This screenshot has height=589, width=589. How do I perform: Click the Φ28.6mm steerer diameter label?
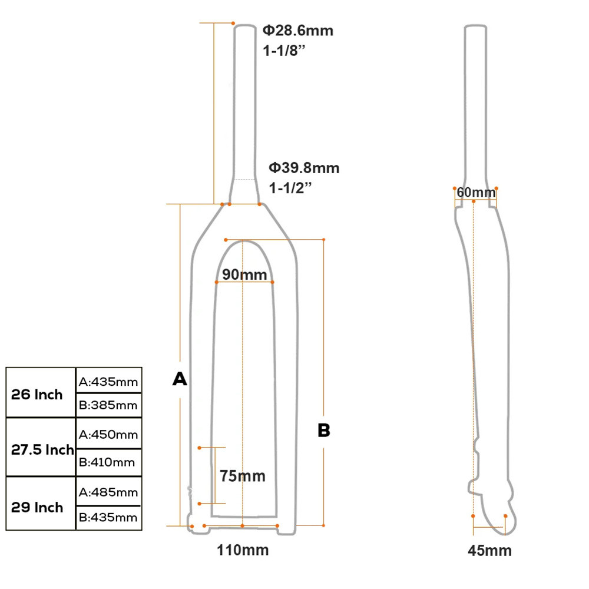(x=298, y=31)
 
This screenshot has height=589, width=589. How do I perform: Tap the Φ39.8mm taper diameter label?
(x=305, y=168)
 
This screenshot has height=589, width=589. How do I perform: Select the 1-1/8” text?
(x=284, y=50)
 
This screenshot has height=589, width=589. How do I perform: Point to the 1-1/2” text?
(x=290, y=188)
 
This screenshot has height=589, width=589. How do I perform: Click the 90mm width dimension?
(x=244, y=274)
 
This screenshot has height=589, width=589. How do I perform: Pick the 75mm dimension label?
(x=242, y=475)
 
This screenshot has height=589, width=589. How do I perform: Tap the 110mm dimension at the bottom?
(x=243, y=551)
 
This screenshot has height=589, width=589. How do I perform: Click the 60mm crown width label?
(x=476, y=193)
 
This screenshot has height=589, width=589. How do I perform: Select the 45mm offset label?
(x=489, y=551)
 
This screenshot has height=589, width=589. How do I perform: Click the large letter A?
(x=180, y=379)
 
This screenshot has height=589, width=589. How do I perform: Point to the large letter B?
(x=324, y=431)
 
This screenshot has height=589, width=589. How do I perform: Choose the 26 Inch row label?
(x=37, y=395)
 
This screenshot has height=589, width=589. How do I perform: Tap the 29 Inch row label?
(x=37, y=507)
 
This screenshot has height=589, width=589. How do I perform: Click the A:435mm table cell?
(x=108, y=382)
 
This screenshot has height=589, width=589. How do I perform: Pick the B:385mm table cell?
(x=108, y=405)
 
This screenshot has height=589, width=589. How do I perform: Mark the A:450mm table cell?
(x=108, y=435)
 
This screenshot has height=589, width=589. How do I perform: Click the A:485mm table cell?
(x=108, y=492)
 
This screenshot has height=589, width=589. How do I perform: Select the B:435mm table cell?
(x=108, y=518)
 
